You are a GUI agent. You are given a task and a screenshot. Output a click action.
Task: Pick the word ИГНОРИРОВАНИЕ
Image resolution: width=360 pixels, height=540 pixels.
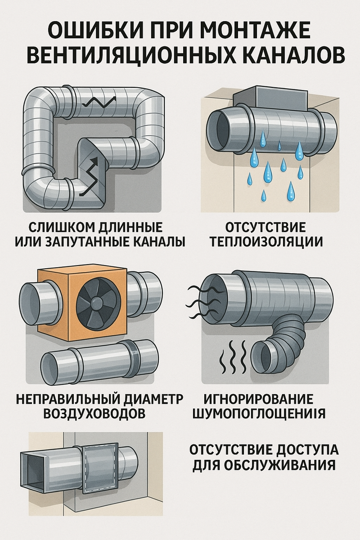[x=259, y=399]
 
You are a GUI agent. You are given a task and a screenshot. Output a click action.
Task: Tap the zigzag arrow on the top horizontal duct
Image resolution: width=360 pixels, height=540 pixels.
[x=99, y=102]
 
